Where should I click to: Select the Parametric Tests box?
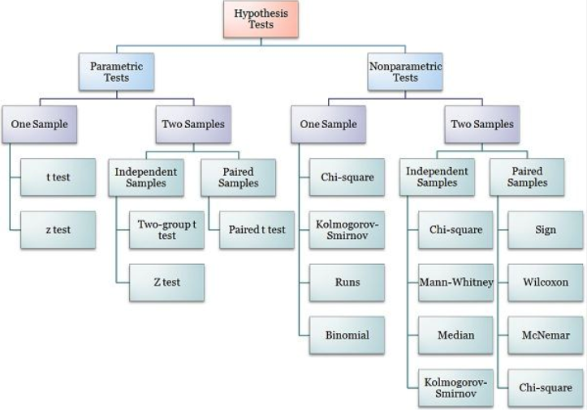(116, 71)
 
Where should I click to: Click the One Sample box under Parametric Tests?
(39, 125)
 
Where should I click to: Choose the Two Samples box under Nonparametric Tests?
(482, 125)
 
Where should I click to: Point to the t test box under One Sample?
(58, 177)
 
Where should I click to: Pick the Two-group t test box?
(166, 229)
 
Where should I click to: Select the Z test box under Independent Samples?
(166, 283)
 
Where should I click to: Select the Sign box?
(546, 229)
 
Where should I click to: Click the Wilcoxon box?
(546, 283)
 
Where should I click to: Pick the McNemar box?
(546, 335)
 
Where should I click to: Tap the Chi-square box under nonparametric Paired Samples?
(546, 387)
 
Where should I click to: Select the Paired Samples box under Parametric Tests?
(238, 177)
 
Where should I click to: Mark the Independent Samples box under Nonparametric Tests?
(438, 177)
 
